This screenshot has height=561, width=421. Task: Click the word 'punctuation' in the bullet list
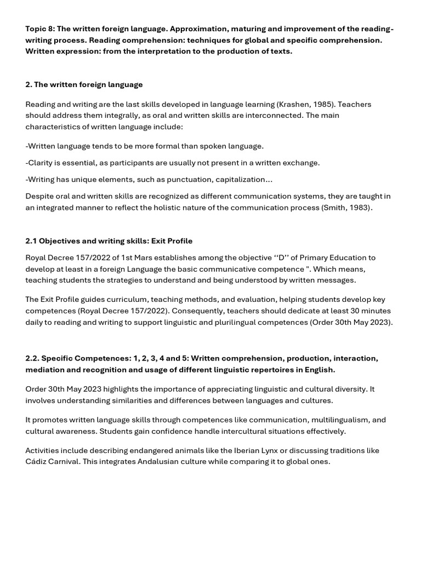pos(202,179)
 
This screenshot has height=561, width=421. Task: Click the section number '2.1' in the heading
pos(31,241)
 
